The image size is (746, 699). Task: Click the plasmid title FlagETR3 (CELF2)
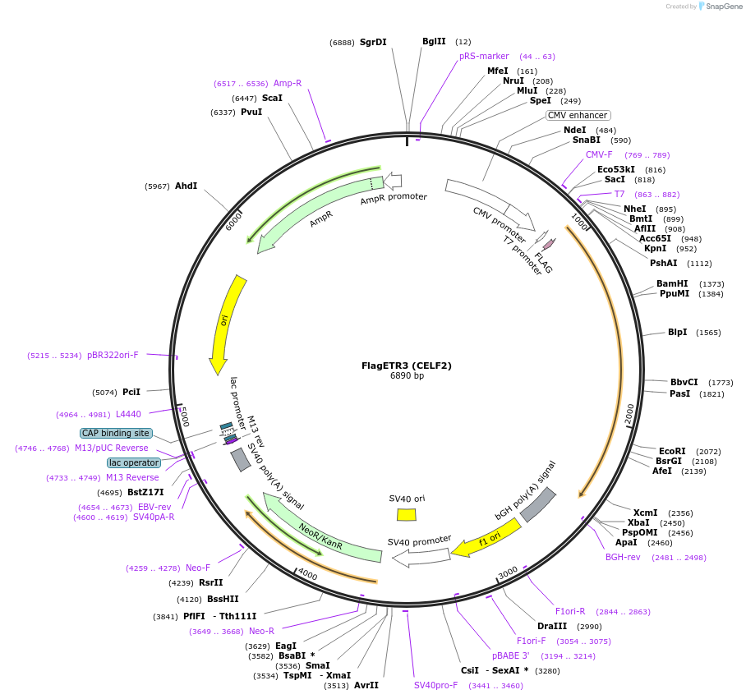pyautogui.click(x=407, y=366)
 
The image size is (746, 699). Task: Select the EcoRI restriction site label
pyautogui.click(x=671, y=451)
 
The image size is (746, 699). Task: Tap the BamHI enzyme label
pyautogui.click(x=672, y=283)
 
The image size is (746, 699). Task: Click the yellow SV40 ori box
pyautogui.click(x=406, y=514)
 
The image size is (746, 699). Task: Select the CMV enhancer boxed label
pyautogui.click(x=578, y=116)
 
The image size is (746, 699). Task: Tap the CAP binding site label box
pyautogui.click(x=116, y=433)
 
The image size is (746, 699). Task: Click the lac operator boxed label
pyautogui.click(x=133, y=462)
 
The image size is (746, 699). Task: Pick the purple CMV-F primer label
pyautogui.click(x=599, y=154)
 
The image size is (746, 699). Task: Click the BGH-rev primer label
pyautogui.click(x=623, y=557)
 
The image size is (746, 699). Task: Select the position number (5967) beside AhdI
pyautogui.click(x=157, y=186)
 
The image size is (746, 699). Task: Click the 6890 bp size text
pyautogui.click(x=407, y=376)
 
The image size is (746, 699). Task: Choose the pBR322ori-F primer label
pyautogui.click(x=113, y=355)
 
